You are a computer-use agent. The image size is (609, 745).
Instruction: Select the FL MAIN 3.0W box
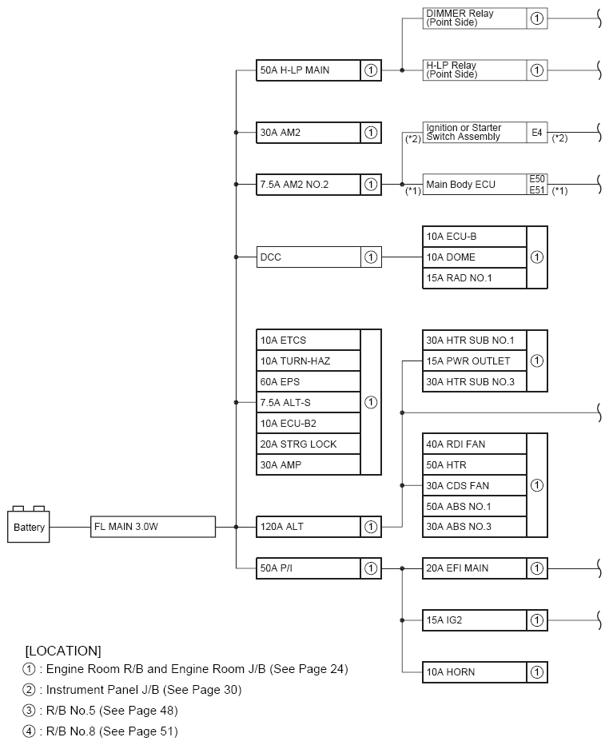[153, 527]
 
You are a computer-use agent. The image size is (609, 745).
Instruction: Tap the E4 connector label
[538, 132]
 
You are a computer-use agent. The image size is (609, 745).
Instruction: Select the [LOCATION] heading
[63, 651]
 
